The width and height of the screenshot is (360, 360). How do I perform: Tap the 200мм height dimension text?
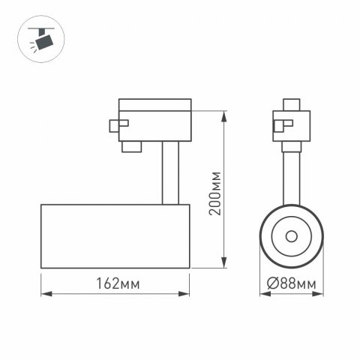tap(215, 191)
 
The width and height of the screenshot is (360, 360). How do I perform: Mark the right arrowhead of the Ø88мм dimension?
tap(320, 293)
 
